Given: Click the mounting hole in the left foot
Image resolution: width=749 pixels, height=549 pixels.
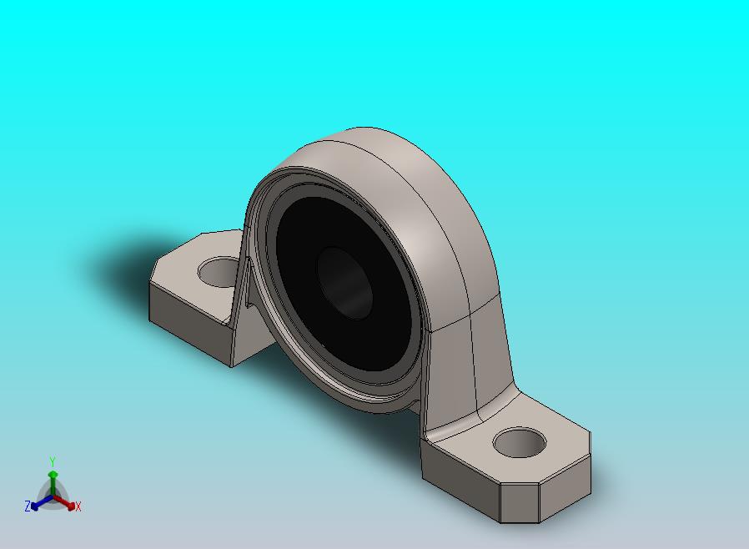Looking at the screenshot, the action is point(219,272).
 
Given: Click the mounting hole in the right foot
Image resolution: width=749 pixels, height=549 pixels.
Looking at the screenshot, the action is point(520,442).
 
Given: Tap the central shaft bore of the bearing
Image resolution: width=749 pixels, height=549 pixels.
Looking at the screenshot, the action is point(344,283).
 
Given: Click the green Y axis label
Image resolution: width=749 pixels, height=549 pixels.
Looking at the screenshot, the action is point(53,461).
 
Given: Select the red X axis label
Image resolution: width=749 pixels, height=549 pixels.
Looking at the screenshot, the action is point(78,506).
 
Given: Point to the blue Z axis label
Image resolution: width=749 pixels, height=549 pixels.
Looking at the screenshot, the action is point(28,506).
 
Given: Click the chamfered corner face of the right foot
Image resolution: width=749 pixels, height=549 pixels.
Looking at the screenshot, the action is point(520,502).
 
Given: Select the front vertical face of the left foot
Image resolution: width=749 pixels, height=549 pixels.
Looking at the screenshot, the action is point(190,324).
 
